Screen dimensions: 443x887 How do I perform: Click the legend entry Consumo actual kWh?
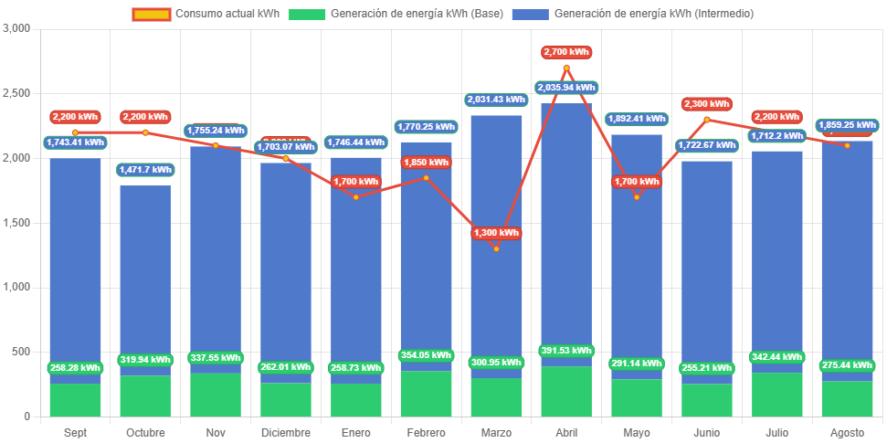tap(215, 14)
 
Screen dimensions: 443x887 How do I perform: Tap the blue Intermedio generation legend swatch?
tap(530, 14)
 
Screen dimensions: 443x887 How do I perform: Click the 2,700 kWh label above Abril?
tap(566, 52)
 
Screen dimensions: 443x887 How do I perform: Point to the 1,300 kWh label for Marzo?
tap(496, 233)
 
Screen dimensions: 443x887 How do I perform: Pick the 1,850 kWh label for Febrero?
tap(426, 163)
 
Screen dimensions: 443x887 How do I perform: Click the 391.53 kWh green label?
tap(566, 351)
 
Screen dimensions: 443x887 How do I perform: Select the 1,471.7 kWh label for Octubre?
tap(145, 170)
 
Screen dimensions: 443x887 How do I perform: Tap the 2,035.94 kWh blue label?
tap(566, 88)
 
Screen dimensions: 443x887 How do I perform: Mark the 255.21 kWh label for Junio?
tap(706, 369)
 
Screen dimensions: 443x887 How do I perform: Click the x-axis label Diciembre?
tap(285, 432)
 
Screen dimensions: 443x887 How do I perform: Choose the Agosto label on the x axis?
tap(847, 432)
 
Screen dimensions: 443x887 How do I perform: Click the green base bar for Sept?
tap(75, 400)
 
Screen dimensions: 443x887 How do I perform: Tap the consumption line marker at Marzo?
tap(496, 248)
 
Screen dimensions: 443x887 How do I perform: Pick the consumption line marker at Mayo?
tap(637, 196)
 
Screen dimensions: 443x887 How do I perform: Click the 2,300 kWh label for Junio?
tap(706, 104)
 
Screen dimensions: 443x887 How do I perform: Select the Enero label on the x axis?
tap(355, 432)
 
